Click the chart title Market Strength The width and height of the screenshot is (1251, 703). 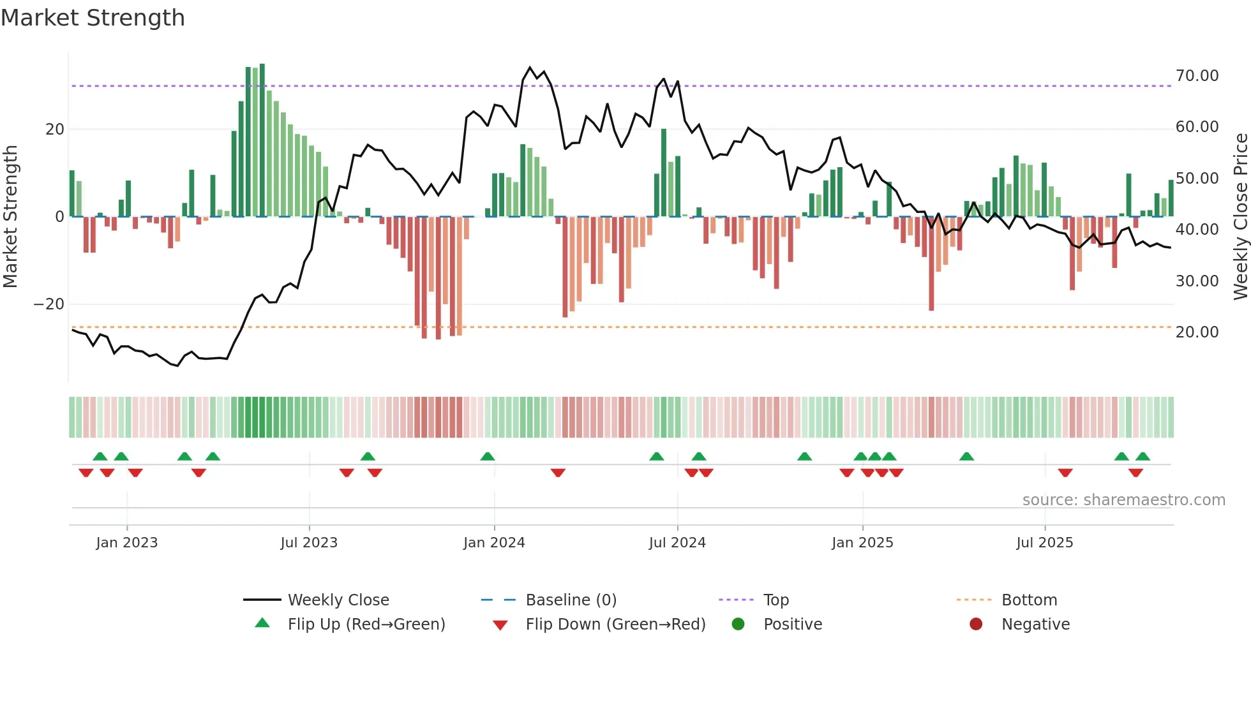pos(93,18)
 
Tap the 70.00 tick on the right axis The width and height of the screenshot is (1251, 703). pos(1197,76)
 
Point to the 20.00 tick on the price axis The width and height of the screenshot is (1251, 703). pos(1197,332)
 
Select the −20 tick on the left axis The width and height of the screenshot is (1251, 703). pos(49,304)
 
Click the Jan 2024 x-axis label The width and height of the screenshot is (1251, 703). pos(494,543)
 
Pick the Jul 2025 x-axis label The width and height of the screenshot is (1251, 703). pos(1044,543)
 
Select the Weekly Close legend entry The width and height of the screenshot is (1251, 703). pos(338,600)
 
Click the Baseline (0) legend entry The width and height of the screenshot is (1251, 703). pos(571,600)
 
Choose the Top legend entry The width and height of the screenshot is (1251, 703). pos(775,600)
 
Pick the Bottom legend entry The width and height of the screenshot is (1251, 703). pos(1029,600)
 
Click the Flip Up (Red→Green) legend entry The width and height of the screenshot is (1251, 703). pos(366,625)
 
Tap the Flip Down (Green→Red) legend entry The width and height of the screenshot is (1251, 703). pos(615,625)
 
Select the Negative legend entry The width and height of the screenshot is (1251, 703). pos(1035,625)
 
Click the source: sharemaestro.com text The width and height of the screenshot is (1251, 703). pos(1123,500)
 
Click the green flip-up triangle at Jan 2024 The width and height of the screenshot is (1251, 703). pos(488,457)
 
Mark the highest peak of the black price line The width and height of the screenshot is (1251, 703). pos(530,68)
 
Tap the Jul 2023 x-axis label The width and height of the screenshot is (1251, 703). pos(309,543)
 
